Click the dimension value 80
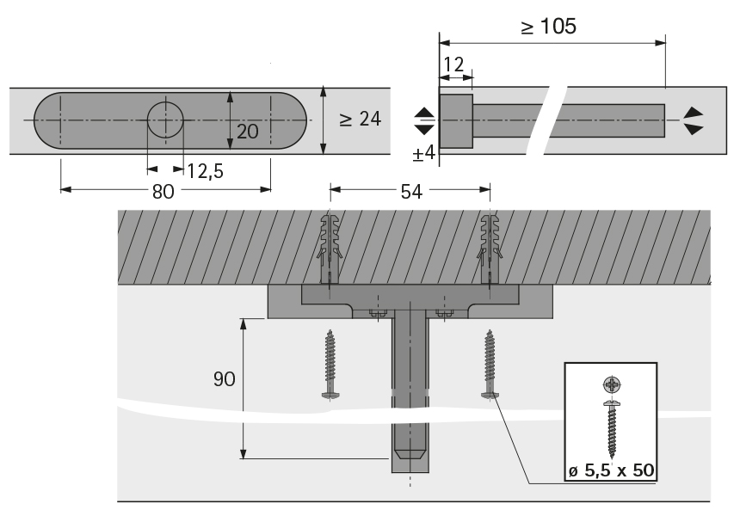[x=163, y=192]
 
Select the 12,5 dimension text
[x=206, y=171]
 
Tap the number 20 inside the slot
[x=247, y=132]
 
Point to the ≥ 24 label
[x=360, y=119]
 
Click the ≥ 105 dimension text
[x=549, y=26]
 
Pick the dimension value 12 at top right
[x=454, y=64]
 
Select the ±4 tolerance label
[x=424, y=153]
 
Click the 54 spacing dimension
[x=411, y=192]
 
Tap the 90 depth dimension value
[x=225, y=378]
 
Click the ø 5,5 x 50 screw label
[x=611, y=470]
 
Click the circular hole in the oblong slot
[x=165, y=120]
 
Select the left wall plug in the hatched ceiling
[x=330, y=249]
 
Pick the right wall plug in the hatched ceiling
[x=490, y=249]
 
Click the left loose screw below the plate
[x=330, y=364]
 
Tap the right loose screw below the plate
[x=490, y=364]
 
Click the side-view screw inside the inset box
[x=612, y=429]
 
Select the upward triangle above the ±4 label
[x=424, y=113]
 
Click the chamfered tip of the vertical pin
[x=410, y=454]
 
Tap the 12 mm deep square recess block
[x=456, y=120]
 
